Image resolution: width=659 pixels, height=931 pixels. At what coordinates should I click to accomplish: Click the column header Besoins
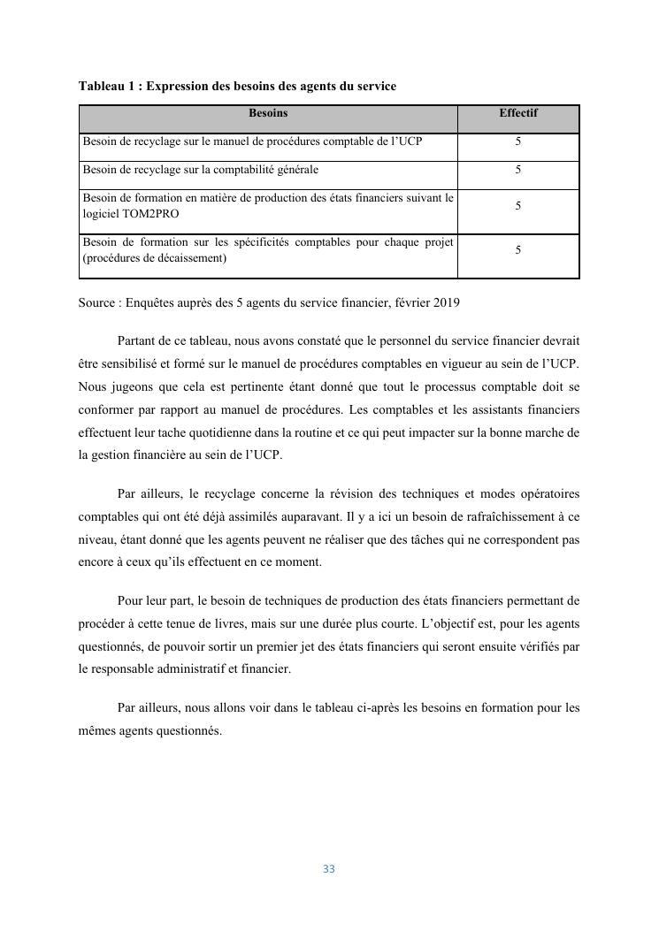pos(267,113)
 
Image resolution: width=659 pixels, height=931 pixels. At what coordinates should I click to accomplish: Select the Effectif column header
pos(517,113)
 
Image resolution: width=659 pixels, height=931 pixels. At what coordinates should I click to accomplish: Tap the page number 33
pos(329,869)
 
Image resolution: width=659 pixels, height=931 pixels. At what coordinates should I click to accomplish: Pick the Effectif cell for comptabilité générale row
pos(517,169)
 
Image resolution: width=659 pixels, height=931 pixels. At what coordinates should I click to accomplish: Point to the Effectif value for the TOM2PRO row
pos(517,206)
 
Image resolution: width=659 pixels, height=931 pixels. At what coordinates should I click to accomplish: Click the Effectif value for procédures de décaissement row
pos(517,250)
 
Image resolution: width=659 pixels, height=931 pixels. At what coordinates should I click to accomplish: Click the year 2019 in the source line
pos(447,303)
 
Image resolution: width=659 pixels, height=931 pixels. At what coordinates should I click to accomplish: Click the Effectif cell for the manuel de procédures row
pos(517,141)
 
